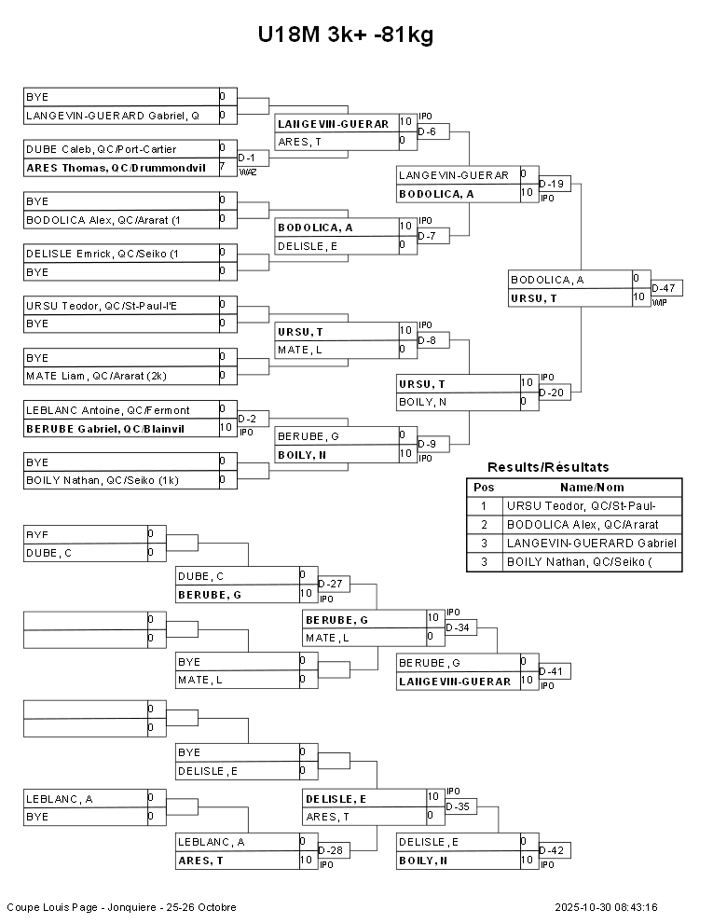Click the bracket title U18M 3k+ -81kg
346,35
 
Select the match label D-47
665,288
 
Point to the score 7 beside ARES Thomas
222,167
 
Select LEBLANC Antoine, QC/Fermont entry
107,410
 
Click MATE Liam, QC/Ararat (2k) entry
96,376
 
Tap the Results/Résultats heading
548,467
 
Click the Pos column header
484,488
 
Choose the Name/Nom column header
592,488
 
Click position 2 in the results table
484,525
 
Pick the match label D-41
553,671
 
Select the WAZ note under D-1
247,172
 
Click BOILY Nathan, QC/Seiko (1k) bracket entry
103,480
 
